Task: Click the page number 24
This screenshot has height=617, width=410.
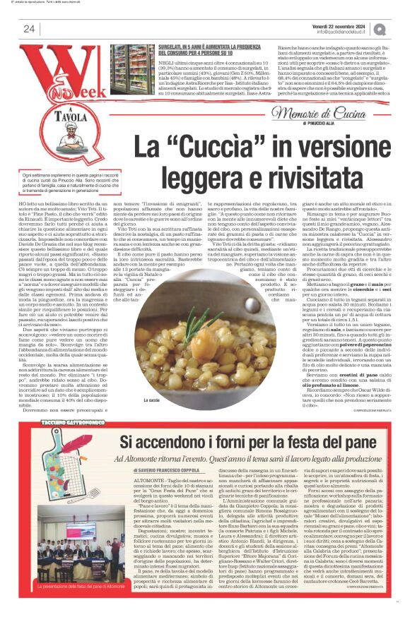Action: pos(29,28)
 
